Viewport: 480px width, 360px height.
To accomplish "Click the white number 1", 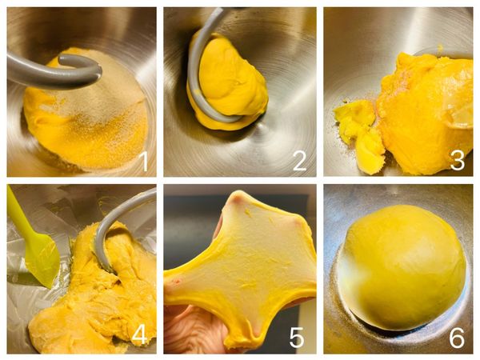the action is [x=145, y=162].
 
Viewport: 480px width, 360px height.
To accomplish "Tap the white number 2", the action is [x=299, y=162].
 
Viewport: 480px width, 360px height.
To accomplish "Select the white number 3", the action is [x=458, y=162].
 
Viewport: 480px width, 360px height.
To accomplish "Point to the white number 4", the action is [x=140, y=337].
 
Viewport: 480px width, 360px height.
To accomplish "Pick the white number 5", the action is [x=297, y=338].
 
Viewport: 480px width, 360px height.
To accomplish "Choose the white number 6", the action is [x=457, y=338].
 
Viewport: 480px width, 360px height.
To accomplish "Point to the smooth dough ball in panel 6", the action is [x=402, y=267].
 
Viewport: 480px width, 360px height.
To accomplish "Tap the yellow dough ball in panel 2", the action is [x=230, y=82].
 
